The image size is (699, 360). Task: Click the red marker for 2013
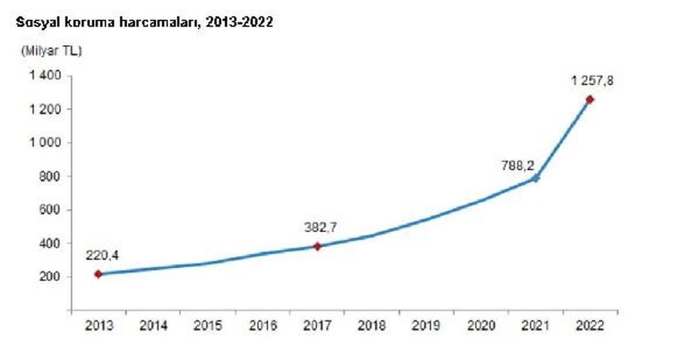[98, 274]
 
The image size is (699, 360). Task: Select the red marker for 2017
[317, 246]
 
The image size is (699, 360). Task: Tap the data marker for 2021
[536, 178]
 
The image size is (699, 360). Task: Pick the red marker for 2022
[589, 100]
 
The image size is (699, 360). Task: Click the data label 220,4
[103, 256]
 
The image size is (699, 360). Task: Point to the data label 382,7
[321, 228]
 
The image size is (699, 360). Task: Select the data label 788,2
[518, 165]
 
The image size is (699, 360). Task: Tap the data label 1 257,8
[592, 81]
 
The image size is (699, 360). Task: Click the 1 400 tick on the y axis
[45, 76]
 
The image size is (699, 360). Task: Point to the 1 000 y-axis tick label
[45, 143]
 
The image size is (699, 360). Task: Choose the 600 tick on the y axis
[50, 210]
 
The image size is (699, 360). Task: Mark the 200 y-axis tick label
[50, 277]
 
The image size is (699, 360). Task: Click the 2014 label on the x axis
[153, 326]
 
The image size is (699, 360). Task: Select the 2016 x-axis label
[263, 326]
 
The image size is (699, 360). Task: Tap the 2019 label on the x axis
[426, 326]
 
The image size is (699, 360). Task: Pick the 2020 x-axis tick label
[481, 326]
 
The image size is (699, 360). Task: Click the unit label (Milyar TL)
[51, 51]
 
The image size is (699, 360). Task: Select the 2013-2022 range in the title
[239, 22]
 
